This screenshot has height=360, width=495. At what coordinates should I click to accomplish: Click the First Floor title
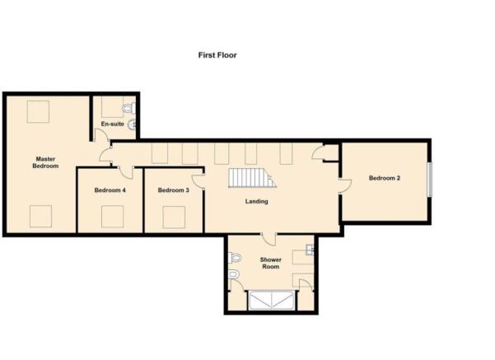point(217,55)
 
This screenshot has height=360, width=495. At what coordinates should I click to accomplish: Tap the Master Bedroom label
point(45,162)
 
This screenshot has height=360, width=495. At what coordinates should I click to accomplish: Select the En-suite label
point(112,124)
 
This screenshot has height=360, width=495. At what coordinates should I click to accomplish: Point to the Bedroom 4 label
point(110,190)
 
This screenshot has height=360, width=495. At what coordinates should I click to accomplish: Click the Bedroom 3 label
point(173,190)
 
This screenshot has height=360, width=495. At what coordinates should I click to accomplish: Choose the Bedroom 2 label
point(385,178)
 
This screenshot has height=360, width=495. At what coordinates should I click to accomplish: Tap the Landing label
point(257,201)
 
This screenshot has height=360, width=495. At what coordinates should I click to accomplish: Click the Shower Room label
point(270,263)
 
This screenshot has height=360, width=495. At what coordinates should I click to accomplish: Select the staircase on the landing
point(252,178)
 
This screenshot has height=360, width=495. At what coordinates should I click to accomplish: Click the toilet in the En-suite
point(128,109)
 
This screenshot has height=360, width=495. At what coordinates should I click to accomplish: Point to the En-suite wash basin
point(133,124)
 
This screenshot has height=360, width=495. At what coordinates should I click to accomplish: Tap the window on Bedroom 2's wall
point(430,180)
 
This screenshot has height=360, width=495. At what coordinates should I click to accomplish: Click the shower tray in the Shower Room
point(271,300)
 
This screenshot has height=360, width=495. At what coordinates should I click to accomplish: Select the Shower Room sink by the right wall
point(310,250)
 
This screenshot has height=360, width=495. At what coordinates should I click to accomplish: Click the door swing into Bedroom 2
point(345,186)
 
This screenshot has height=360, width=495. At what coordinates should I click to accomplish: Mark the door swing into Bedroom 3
point(198,181)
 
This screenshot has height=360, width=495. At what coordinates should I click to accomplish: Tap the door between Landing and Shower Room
point(269,239)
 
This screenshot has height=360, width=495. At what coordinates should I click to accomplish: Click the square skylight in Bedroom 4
point(112,217)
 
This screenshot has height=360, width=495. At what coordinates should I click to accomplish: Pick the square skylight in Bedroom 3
point(174,217)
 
